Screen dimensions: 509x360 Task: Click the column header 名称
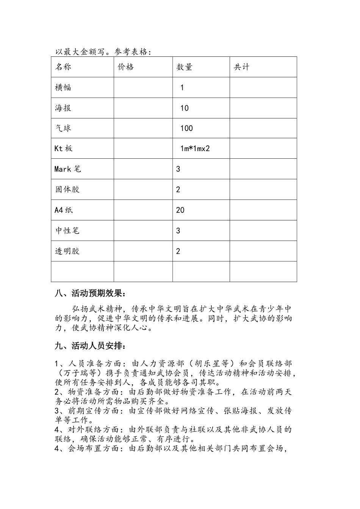point(63,67)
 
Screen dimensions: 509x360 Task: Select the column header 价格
point(126,67)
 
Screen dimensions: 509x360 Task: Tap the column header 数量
point(185,67)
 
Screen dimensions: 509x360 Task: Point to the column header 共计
point(241,67)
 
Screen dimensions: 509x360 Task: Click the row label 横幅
point(63,87)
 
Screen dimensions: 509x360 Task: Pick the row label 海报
point(63,108)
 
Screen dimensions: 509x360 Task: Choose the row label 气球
point(63,128)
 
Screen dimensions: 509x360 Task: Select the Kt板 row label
point(63,148)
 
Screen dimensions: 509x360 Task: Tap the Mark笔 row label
point(67,169)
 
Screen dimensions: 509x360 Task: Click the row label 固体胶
point(67,189)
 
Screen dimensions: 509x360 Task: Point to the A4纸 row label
point(63,210)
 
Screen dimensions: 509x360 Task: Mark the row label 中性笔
point(67,231)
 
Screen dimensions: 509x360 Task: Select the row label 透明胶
point(67,251)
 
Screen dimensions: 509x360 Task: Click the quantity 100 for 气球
point(186,128)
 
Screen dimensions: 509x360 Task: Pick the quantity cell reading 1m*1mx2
point(195,148)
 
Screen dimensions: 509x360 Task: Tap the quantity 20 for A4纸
point(180,210)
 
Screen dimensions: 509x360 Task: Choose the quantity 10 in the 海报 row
point(184,108)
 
